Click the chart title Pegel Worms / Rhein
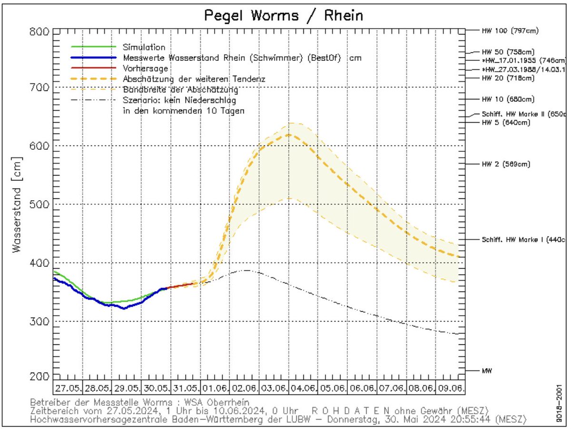click(284, 15)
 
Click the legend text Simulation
click(144, 47)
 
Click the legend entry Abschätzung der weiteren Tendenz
click(193, 78)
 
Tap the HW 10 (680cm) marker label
click(508, 99)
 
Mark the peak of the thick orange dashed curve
click(289, 135)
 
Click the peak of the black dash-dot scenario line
click(246, 270)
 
